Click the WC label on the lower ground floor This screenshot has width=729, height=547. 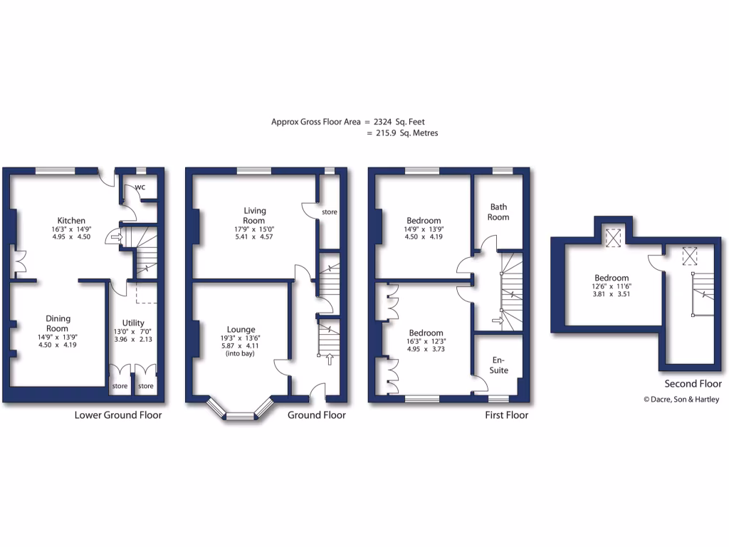tap(140, 187)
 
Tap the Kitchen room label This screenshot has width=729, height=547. tap(72, 221)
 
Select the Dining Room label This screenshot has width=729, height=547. tap(58, 323)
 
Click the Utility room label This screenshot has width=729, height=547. tap(133, 323)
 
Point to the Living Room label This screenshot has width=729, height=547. tap(255, 215)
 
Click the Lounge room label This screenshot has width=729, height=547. tap(241, 330)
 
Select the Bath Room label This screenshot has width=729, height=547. tap(498, 212)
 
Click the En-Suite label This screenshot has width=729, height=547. tap(499, 365)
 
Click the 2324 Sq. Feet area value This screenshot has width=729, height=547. tap(404, 122)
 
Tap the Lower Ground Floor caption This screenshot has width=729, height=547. tap(118, 415)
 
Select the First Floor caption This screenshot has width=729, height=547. tap(506, 415)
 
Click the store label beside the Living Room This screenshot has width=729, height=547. tap(329, 212)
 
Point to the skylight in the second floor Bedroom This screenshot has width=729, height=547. tap(612, 238)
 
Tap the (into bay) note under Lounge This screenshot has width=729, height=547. tap(241, 354)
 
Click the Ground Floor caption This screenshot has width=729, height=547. tap(317, 415)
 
